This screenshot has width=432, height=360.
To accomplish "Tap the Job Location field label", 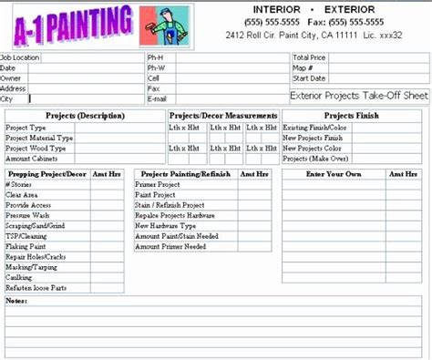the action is (x=20, y=57).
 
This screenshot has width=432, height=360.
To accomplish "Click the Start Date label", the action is (x=309, y=77).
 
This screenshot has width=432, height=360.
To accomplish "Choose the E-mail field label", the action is (x=157, y=98).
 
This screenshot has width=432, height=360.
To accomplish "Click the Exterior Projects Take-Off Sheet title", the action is (x=357, y=95).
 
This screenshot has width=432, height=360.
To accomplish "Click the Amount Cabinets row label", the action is (x=33, y=159).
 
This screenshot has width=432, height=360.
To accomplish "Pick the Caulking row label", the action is (x=20, y=277).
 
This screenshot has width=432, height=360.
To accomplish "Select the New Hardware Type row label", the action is (x=165, y=225).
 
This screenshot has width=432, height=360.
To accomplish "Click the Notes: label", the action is (x=15, y=299).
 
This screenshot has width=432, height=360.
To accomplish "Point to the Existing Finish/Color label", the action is (x=314, y=128).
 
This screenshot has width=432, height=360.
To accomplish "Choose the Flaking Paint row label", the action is (x=26, y=246).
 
